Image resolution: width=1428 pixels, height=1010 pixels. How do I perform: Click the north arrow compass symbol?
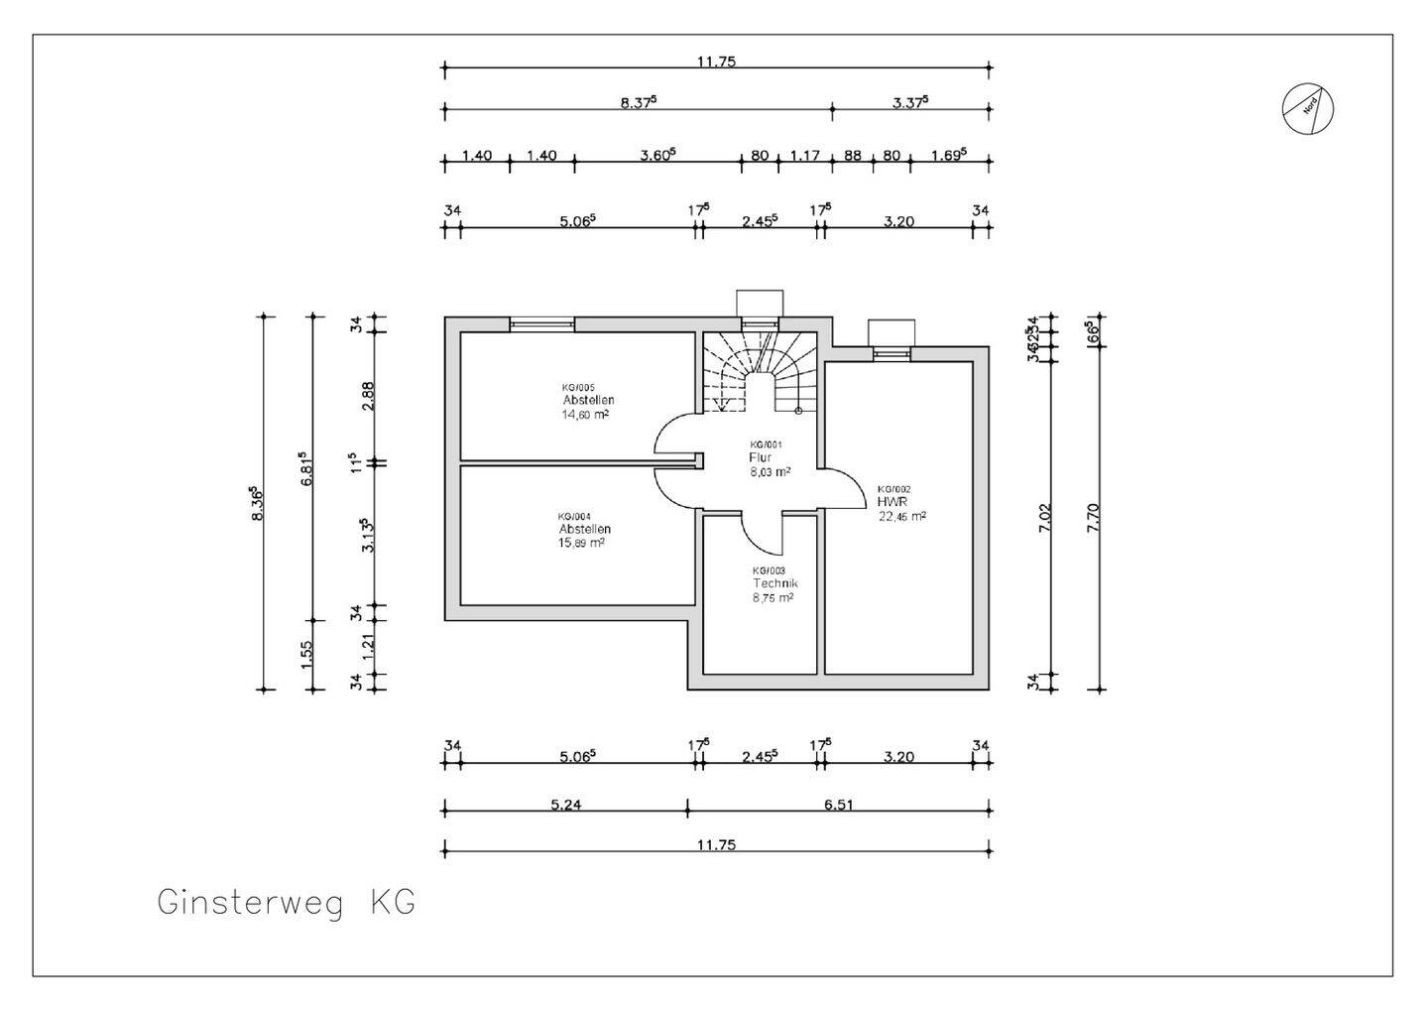click(x=1307, y=108)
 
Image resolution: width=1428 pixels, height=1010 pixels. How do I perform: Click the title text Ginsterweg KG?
click(x=286, y=903)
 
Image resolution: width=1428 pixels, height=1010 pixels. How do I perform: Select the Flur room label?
click(x=760, y=458)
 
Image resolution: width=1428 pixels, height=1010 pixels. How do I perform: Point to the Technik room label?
click(x=774, y=584)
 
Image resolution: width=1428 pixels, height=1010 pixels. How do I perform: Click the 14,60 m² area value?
click(x=585, y=415)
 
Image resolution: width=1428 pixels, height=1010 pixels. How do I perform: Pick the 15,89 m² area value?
click(x=581, y=543)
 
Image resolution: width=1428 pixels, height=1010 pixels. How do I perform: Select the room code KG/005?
click(x=578, y=387)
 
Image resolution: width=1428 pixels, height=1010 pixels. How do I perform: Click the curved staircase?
click(x=760, y=372)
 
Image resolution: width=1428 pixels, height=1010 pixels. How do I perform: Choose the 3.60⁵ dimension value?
click(x=657, y=155)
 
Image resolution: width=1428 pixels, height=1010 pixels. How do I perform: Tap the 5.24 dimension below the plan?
click(x=565, y=805)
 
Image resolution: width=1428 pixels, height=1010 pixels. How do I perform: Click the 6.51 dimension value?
click(x=838, y=805)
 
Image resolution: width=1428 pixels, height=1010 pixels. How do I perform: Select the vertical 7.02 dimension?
click(x=1044, y=518)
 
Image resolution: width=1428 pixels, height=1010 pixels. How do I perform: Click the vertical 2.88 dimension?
click(x=368, y=396)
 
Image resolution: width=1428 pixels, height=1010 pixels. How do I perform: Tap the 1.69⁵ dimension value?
click(x=948, y=155)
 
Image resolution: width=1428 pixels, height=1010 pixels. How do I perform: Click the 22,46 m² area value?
click(x=901, y=516)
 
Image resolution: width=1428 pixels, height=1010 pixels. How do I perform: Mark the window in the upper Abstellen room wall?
click(x=541, y=323)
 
